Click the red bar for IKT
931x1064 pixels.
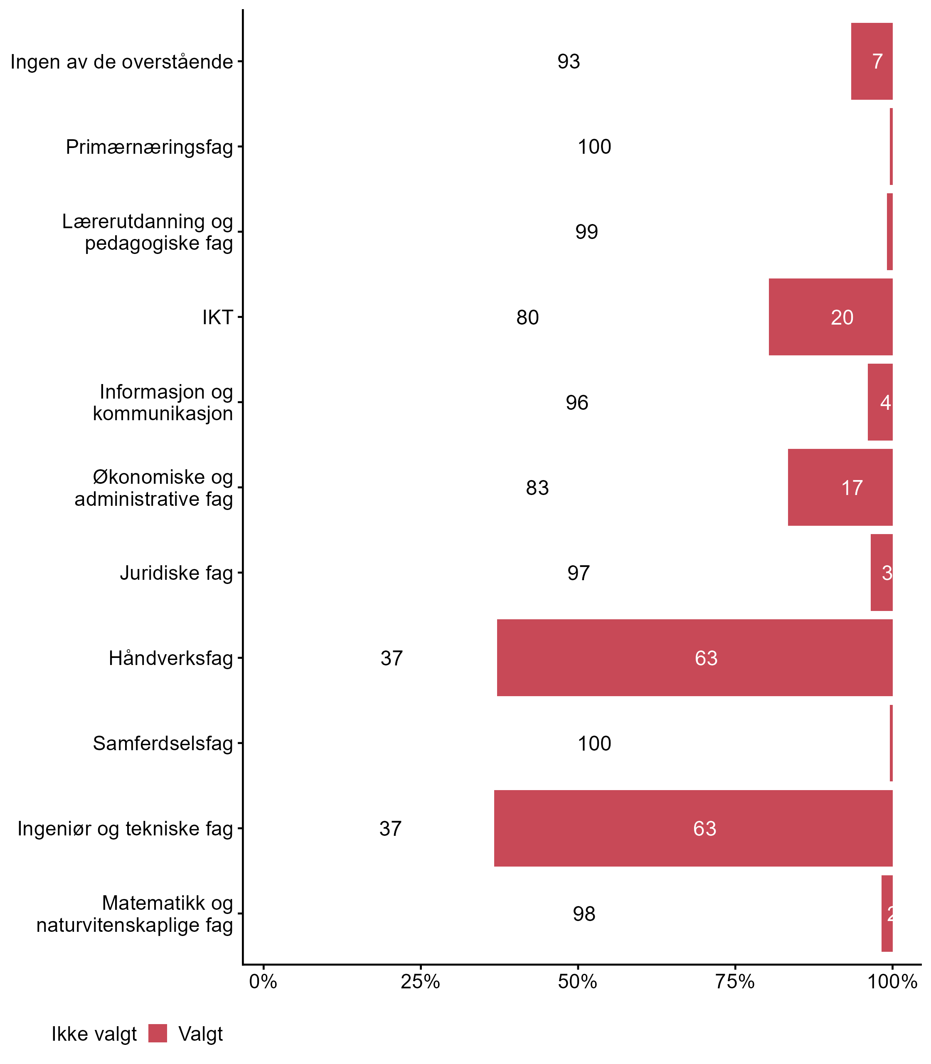(x=830, y=317)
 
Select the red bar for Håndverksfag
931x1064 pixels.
(x=695, y=658)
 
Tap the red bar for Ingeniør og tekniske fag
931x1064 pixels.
(x=693, y=828)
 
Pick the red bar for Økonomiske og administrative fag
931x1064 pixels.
(x=840, y=487)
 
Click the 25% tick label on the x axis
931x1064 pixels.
(x=420, y=981)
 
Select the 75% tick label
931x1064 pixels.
(x=735, y=981)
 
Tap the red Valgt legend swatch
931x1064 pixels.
(x=158, y=1033)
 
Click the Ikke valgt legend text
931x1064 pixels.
(x=94, y=1034)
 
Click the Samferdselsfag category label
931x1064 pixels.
(x=163, y=744)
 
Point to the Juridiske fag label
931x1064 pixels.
(x=176, y=573)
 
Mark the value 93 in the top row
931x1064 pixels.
(x=569, y=62)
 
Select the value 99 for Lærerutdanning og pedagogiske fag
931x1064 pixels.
(x=586, y=232)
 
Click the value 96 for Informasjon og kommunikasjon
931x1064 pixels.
(x=577, y=403)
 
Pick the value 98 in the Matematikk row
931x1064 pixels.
(x=584, y=914)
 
